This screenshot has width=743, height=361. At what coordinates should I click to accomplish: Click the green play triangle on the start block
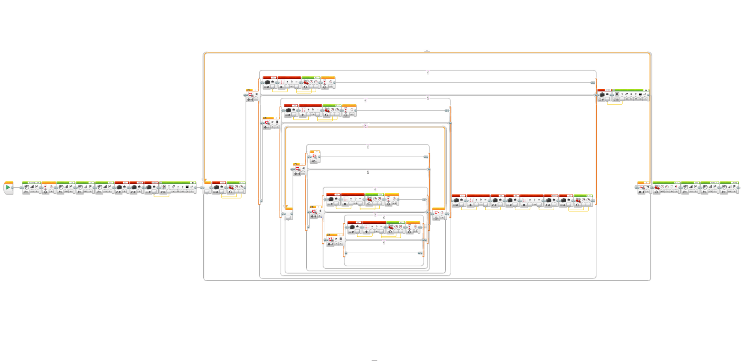tap(8, 187)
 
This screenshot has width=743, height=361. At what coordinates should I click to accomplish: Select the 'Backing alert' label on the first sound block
tap(34, 183)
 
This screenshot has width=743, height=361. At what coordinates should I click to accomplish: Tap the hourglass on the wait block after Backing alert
tap(45, 187)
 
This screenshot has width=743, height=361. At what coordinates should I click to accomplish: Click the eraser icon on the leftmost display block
tap(173, 187)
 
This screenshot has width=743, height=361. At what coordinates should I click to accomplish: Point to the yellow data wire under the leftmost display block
tap(161, 196)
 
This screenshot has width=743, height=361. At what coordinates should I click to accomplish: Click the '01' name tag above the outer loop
tap(427, 51)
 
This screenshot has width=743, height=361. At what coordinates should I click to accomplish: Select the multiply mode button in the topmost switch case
tap(281, 87)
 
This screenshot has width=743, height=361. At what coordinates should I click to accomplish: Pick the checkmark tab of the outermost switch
tap(428, 73)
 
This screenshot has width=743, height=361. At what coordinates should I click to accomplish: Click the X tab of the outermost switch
tap(428, 98)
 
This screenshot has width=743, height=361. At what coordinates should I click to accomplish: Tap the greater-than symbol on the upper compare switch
tap(272, 122)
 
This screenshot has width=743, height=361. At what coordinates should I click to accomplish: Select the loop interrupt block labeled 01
tap(315, 157)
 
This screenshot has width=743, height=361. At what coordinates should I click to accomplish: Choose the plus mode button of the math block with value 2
tap(471, 205)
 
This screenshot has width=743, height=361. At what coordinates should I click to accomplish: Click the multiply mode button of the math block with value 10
tap(524, 205)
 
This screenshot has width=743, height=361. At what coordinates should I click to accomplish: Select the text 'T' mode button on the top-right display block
tap(622, 94)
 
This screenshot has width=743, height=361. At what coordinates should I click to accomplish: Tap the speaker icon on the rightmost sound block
tap(724, 187)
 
